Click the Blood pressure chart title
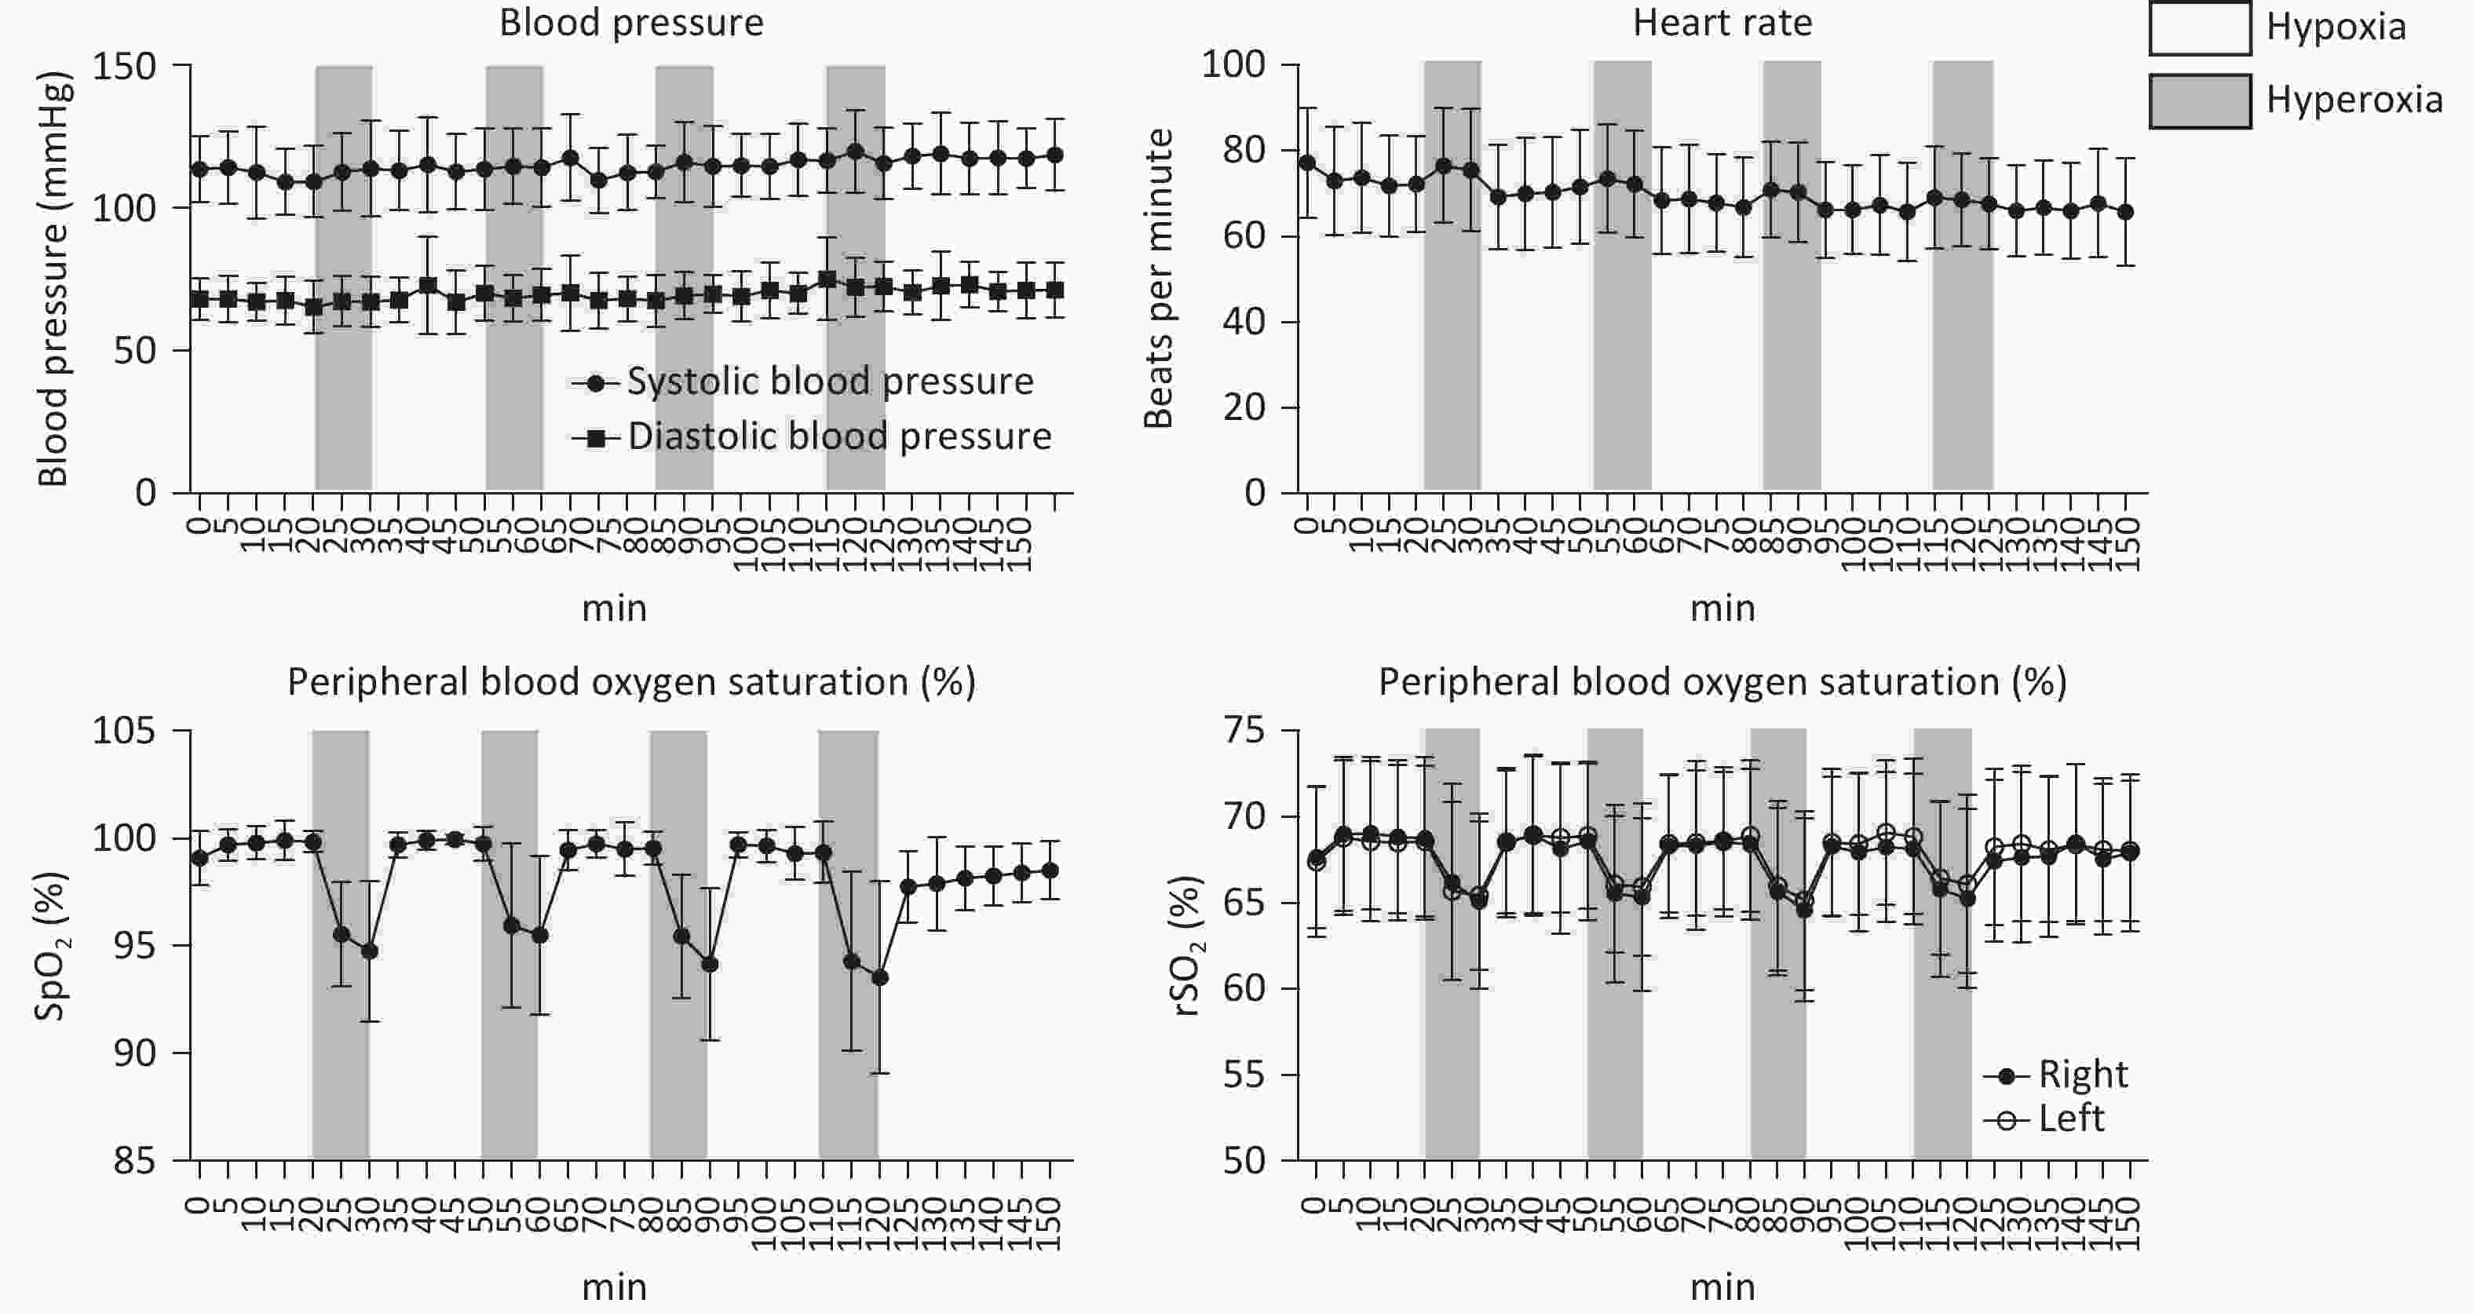click(630, 23)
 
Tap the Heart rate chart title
click(1722, 23)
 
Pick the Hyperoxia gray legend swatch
click(2199, 100)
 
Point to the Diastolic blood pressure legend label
click(839, 436)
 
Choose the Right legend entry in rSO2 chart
click(2082, 1074)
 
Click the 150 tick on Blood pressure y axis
click(124, 66)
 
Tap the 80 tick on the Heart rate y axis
click(1244, 151)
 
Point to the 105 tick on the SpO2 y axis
click(124, 732)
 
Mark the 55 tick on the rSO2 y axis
click(1244, 1075)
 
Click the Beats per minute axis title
click(1159, 279)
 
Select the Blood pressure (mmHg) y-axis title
click(53, 279)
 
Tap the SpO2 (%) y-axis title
click(50, 945)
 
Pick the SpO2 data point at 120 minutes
click(879, 977)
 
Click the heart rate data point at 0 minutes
click(1306, 162)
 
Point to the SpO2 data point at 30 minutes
click(370, 951)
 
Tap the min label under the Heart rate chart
click(1722, 608)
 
